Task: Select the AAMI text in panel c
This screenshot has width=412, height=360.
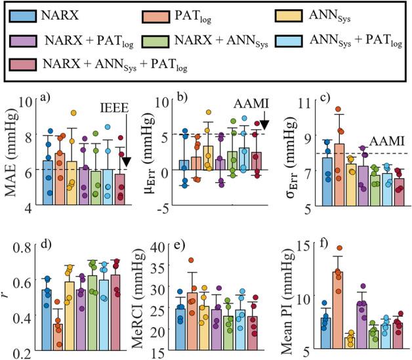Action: [385, 141]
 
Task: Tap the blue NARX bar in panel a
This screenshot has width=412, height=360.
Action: [48, 184]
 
